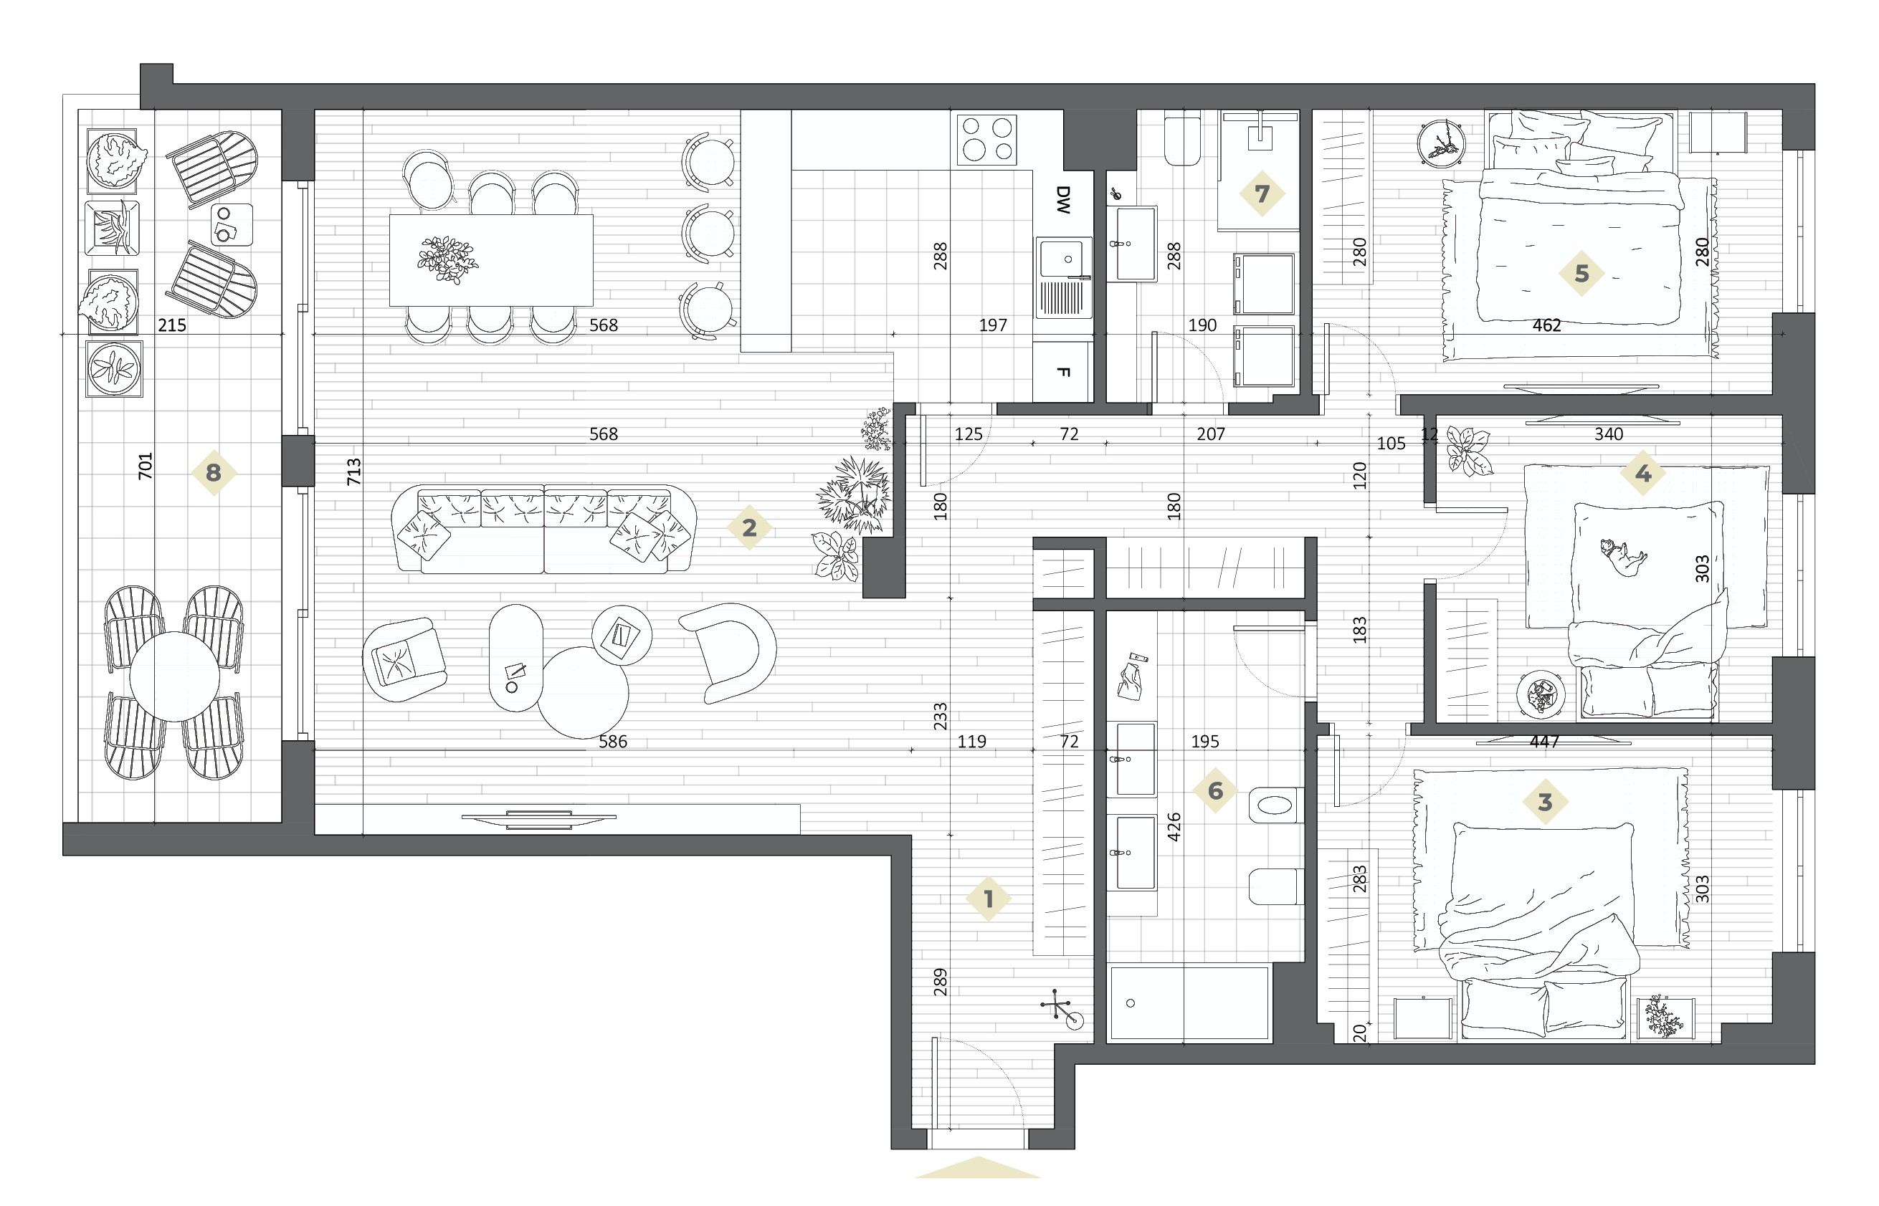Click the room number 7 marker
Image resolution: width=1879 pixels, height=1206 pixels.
[x=1262, y=193]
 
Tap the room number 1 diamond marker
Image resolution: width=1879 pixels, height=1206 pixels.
[x=989, y=899]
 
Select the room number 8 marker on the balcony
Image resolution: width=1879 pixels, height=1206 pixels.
[x=213, y=473]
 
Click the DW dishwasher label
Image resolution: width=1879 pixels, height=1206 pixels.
[x=1063, y=200]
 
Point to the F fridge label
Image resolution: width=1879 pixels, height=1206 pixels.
[x=1063, y=372]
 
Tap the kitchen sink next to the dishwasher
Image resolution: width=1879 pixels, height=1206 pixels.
[x=1064, y=278]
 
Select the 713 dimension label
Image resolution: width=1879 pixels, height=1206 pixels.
[x=354, y=472]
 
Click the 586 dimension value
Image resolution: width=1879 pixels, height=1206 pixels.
[x=612, y=741]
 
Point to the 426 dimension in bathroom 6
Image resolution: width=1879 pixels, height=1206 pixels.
[x=1174, y=826]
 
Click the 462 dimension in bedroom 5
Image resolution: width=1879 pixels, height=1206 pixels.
[x=1547, y=325]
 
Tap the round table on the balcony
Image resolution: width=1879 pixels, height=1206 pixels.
[x=175, y=676]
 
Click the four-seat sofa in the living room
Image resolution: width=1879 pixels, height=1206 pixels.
[x=544, y=529]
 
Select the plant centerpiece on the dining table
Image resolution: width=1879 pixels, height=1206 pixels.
[x=447, y=259]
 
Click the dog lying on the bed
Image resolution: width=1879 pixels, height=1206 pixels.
[x=1623, y=557]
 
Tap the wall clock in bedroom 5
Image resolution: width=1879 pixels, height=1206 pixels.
[x=1442, y=143]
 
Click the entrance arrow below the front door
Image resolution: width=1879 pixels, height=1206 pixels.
[x=977, y=1167]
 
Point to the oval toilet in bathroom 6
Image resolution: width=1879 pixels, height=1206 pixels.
[x=1276, y=805]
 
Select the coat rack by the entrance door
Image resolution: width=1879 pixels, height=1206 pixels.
[x=1060, y=1010]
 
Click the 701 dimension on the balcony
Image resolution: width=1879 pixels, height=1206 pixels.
[x=146, y=466]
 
